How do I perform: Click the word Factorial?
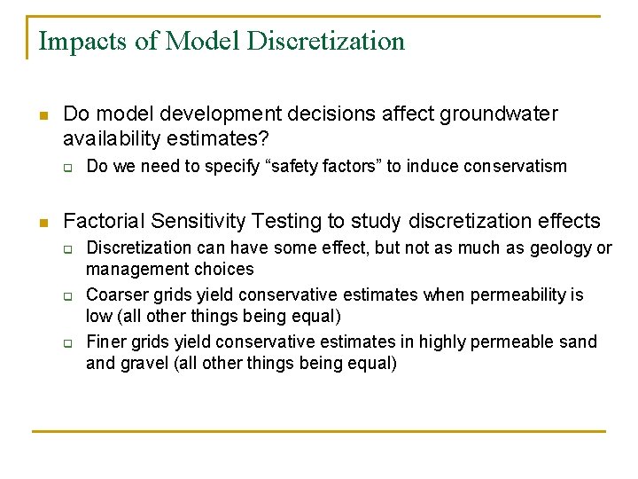99,221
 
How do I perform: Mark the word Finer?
106,342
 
